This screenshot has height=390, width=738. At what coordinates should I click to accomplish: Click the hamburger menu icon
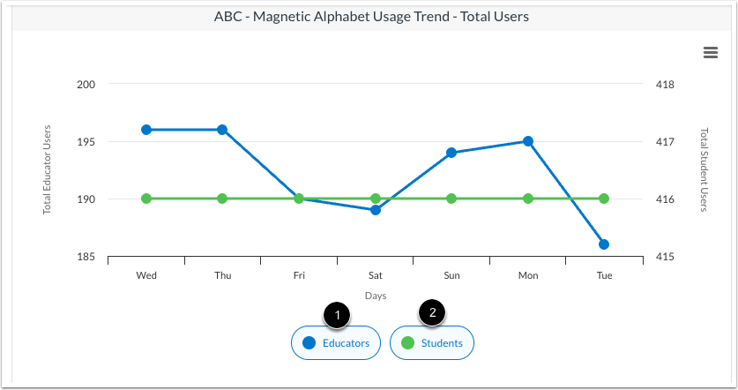coord(710,53)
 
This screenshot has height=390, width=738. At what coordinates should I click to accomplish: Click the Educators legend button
coord(336,343)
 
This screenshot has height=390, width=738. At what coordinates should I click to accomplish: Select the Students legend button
coord(432,343)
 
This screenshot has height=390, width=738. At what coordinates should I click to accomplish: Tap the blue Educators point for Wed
coord(146,130)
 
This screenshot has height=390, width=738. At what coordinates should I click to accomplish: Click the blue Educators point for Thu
coord(222,130)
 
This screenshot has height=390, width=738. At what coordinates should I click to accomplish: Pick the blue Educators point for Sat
coord(376,210)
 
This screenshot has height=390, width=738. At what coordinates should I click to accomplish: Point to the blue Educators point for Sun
coord(451,153)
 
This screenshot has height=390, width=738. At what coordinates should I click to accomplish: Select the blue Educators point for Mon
coord(528,141)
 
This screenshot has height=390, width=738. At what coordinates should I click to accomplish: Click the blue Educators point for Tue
coord(604,244)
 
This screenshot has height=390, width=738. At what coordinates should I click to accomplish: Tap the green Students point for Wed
coord(146,199)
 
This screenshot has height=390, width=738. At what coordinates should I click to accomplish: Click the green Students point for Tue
coord(604,199)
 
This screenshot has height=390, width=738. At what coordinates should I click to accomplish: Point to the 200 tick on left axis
coord(86,85)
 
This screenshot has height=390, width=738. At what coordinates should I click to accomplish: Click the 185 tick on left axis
coord(86,257)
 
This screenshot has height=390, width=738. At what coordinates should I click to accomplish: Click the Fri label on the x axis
coord(299,275)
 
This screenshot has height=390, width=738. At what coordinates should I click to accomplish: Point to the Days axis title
coord(376,296)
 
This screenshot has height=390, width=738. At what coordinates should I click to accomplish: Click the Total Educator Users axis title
coord(48,170)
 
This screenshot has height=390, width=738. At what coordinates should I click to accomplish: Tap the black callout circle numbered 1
coord(336,313)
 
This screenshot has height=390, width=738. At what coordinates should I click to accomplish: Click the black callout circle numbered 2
coord(432,312)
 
